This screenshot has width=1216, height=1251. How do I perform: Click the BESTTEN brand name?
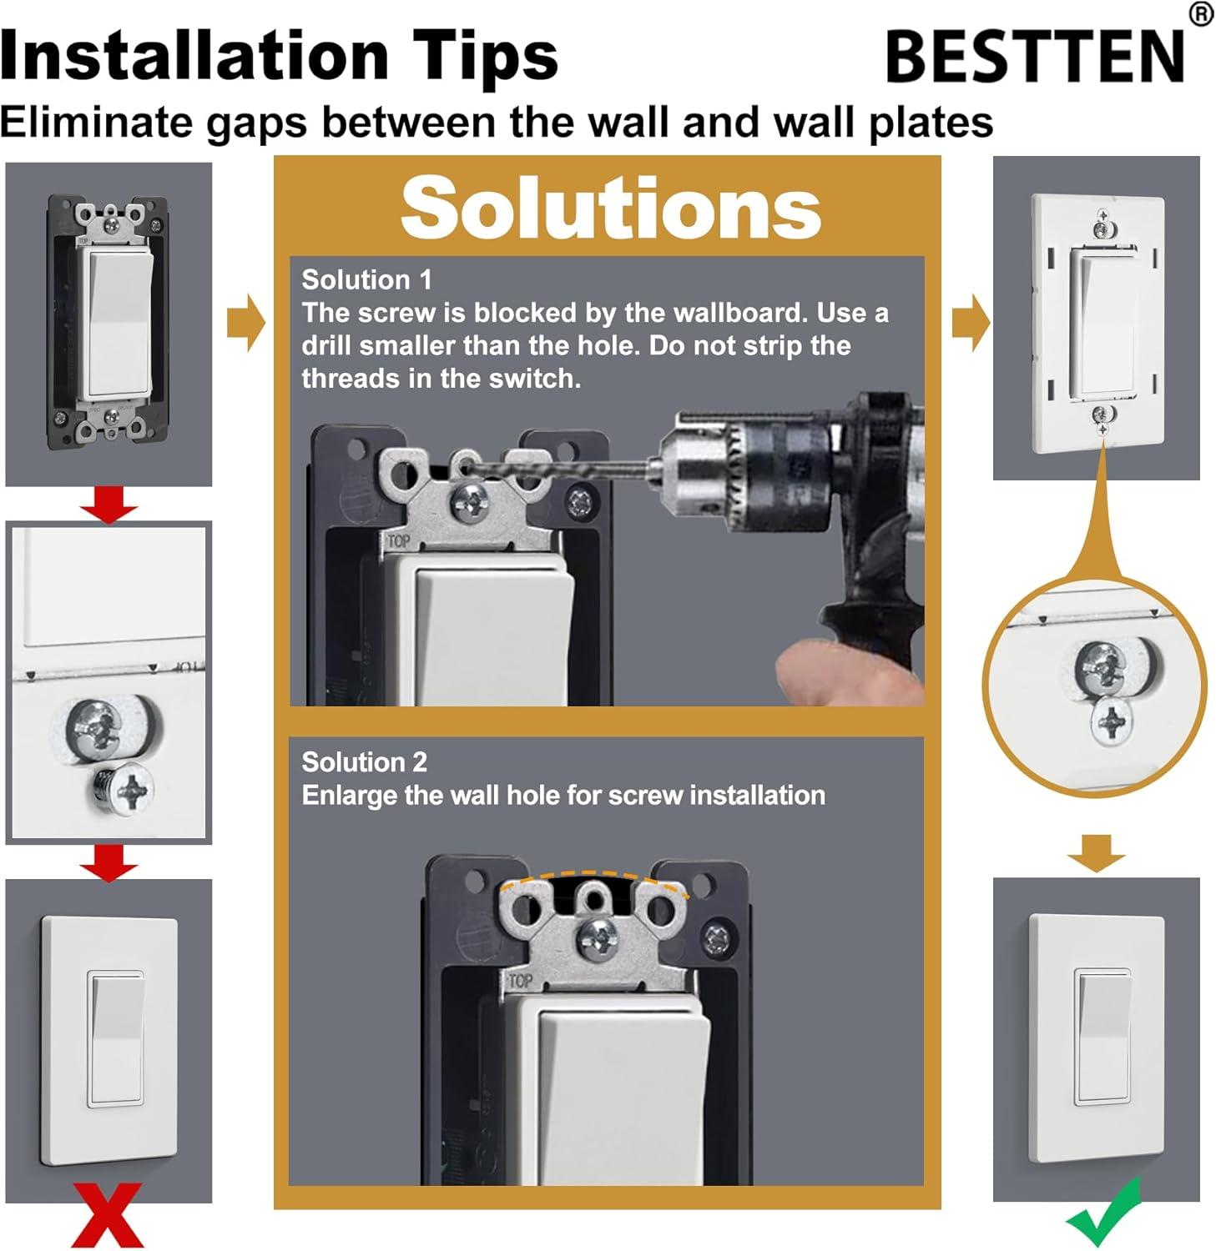[x=1035, y=57]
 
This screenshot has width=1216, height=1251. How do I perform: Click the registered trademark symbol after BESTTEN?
[x=1201, y=14]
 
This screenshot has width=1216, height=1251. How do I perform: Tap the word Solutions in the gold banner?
[x=611, y=208]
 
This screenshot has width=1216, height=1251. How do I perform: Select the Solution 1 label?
[x=366, y=279]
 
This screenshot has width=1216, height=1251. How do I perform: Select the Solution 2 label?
[x=364, y=761]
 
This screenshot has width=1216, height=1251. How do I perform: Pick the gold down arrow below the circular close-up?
[x=1096, y=852]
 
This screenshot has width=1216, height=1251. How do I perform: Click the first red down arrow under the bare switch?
[x=108, y=504]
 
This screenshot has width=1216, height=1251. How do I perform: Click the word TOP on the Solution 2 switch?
[x=520, y=982]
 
